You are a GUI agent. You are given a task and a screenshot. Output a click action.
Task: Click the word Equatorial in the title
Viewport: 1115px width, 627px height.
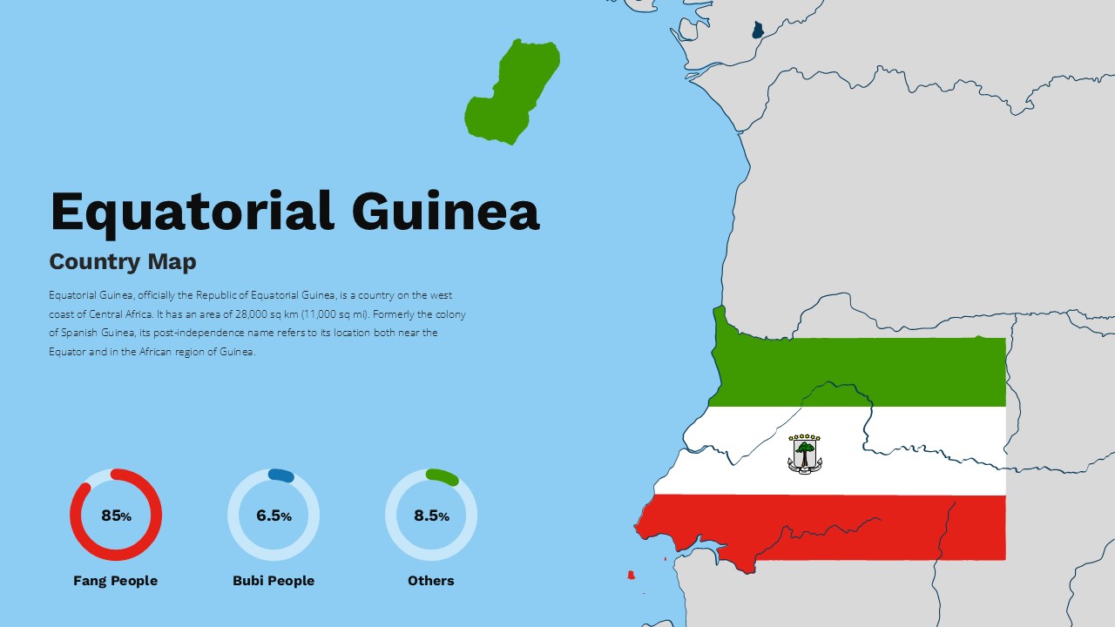(x=192, y=212)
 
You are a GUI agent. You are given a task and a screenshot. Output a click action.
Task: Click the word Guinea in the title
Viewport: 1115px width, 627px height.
(x=445, y=212)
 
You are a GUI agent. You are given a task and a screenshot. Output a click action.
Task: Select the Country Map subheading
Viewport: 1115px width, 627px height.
(x=123, y=261)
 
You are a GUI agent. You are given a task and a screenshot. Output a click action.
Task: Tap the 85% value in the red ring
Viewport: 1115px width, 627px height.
(x=116, y=516)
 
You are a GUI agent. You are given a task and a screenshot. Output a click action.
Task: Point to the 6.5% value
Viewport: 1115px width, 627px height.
(x=274, y=516)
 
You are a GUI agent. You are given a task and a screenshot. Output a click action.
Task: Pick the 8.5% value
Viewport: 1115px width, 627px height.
(x=431, y=516)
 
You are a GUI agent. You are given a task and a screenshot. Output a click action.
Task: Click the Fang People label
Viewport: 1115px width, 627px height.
(x=115, y=581)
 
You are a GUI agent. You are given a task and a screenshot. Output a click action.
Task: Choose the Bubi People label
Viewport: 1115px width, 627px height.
(x=274, y=581)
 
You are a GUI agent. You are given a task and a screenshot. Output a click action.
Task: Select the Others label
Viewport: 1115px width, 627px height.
(x=431, y=581)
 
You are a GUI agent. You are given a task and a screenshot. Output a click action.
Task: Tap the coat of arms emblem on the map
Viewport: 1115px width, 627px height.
(x=805, y=454)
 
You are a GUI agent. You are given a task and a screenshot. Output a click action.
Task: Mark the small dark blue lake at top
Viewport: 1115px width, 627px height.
(x=758, y=30)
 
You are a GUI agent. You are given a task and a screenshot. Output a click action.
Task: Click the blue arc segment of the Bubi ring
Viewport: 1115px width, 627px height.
(x=280, y=475)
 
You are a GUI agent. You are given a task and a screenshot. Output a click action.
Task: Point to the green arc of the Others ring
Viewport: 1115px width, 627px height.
(x=442, y=476)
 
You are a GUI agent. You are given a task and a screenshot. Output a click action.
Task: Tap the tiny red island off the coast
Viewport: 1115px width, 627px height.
(x=631, y=575)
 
